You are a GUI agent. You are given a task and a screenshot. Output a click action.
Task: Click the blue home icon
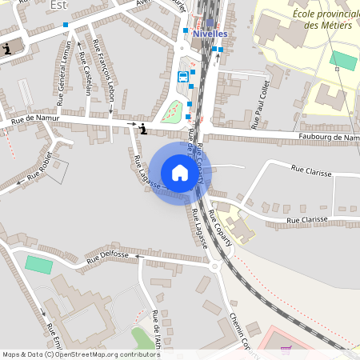click(180, 173)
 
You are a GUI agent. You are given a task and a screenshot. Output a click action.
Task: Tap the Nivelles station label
click(210, 34)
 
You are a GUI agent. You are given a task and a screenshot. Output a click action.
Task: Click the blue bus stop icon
click(183, 78)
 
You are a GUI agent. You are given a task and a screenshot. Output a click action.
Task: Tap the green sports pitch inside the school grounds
click(344, 61)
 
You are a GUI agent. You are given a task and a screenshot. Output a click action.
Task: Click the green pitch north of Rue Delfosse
click(37, 264)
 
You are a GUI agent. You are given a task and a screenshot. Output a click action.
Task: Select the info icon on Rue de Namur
click(142, 129)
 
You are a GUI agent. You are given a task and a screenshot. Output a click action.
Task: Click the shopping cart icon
click(286, 350)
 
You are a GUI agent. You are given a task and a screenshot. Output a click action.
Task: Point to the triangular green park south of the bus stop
click(171, 114)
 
